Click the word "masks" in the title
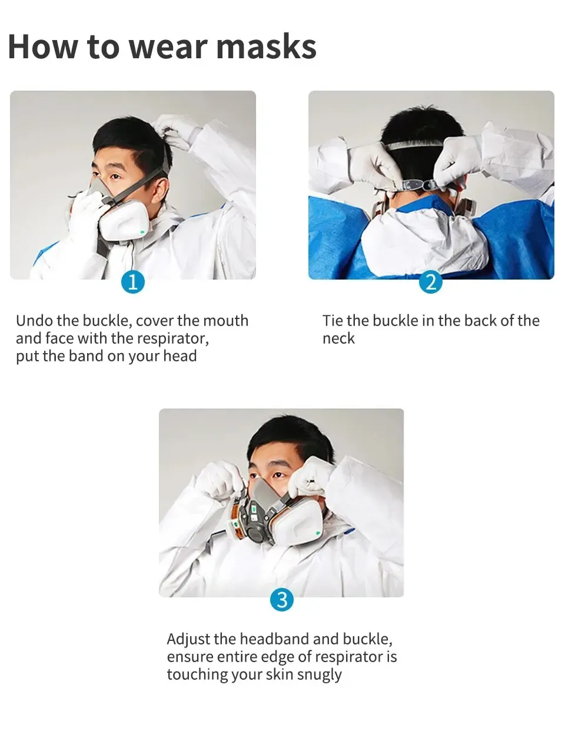pos(266,47)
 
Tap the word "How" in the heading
pos(43,47)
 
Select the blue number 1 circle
pos(133,282)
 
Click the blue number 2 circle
pos(431,282)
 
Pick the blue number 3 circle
pos(282,600)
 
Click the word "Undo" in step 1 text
pos(34,321)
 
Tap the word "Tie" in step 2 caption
pos(333,321)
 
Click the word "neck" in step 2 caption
pos(338,338)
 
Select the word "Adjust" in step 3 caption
pos(188,639)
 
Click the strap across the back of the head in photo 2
pos(414,146)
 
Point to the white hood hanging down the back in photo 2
pos(424,238)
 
